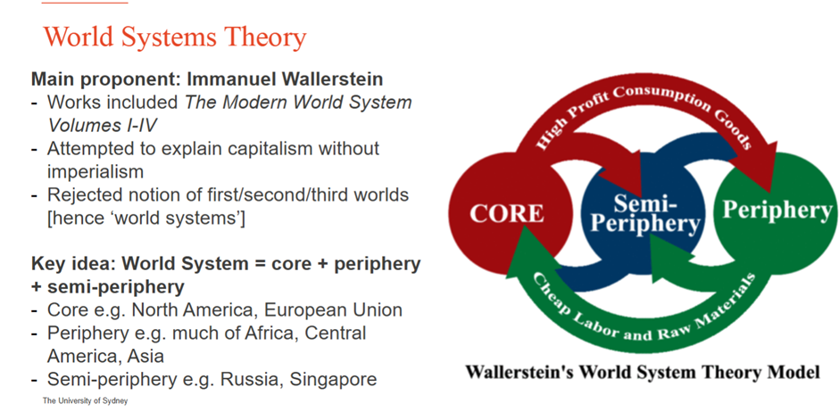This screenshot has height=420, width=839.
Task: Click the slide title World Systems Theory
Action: tap(175, 37)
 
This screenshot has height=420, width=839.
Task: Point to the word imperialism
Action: tap(96, 171)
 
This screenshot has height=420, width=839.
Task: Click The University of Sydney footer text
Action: tap(85, 400)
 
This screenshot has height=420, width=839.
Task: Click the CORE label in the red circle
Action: tap(507, 213)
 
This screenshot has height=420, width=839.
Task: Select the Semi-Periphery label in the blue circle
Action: tap(644, 214)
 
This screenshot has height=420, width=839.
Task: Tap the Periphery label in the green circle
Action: tap(777, 210)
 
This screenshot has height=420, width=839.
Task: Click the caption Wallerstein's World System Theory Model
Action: tap(643, 371)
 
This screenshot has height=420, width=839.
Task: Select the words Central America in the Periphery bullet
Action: tap(206, 344)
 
